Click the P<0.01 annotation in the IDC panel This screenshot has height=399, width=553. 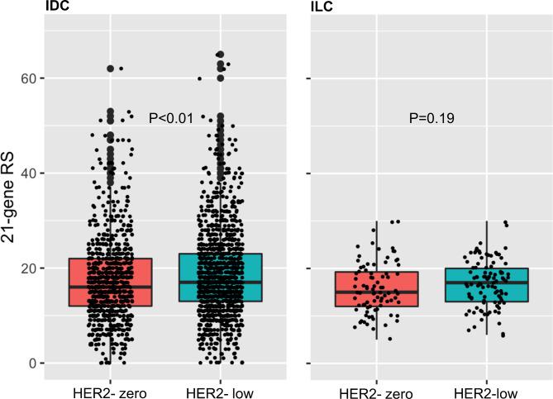pyautogui.click(x=171, y=119)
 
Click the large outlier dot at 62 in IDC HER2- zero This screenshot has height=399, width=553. pyautogui.click(x=110, y=69)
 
